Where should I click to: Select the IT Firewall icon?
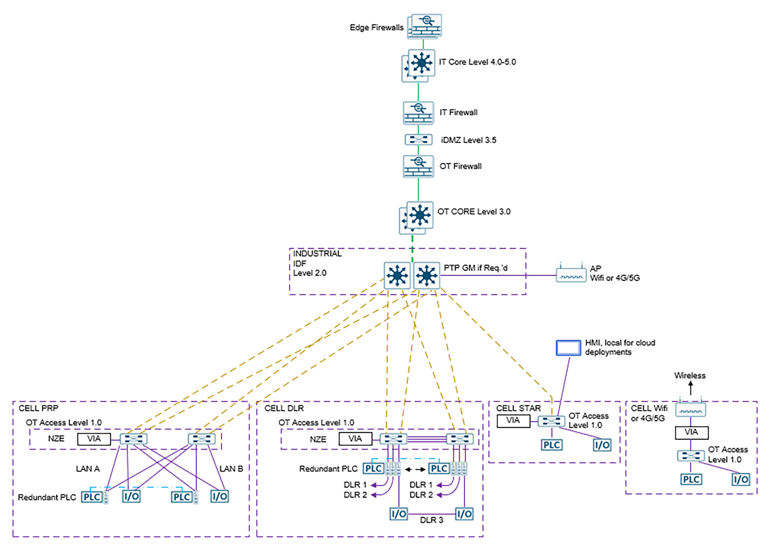418,113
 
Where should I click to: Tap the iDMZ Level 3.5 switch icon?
418,140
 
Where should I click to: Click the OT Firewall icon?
418,166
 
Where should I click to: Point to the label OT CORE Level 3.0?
474,211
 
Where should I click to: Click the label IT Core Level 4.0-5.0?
477,62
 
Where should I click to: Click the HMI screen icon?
568,348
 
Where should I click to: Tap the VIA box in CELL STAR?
513,421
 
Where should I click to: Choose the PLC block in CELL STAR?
551,445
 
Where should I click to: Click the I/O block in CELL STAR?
602,445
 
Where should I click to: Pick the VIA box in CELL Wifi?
691,432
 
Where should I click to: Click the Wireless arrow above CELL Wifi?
691,388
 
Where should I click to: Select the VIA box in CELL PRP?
94,439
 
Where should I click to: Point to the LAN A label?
88,469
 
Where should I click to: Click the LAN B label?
231,469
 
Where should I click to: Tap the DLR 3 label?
431,520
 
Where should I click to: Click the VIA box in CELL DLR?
355,439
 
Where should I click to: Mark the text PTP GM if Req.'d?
475,268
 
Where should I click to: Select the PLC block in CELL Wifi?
691,479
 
